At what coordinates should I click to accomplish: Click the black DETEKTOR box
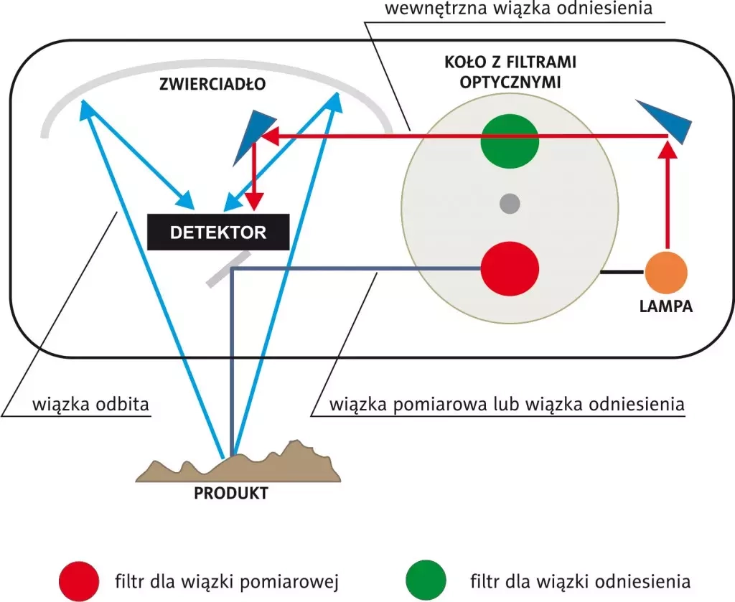click(218, 232)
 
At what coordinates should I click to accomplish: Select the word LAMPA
click(666, 306)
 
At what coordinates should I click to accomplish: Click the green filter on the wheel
click(509, 140)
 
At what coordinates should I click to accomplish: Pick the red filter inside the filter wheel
click(509, 268)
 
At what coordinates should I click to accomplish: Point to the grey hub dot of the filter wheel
click(509, 204)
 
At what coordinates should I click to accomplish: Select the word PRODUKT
click(231, 494)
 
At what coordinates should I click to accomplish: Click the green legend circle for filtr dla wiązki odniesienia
click(426, 580)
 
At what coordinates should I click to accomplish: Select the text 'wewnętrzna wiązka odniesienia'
click(518, 9)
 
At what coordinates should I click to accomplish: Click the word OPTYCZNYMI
click(510, 81)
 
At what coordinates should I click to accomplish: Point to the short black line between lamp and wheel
click(622, 273)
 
